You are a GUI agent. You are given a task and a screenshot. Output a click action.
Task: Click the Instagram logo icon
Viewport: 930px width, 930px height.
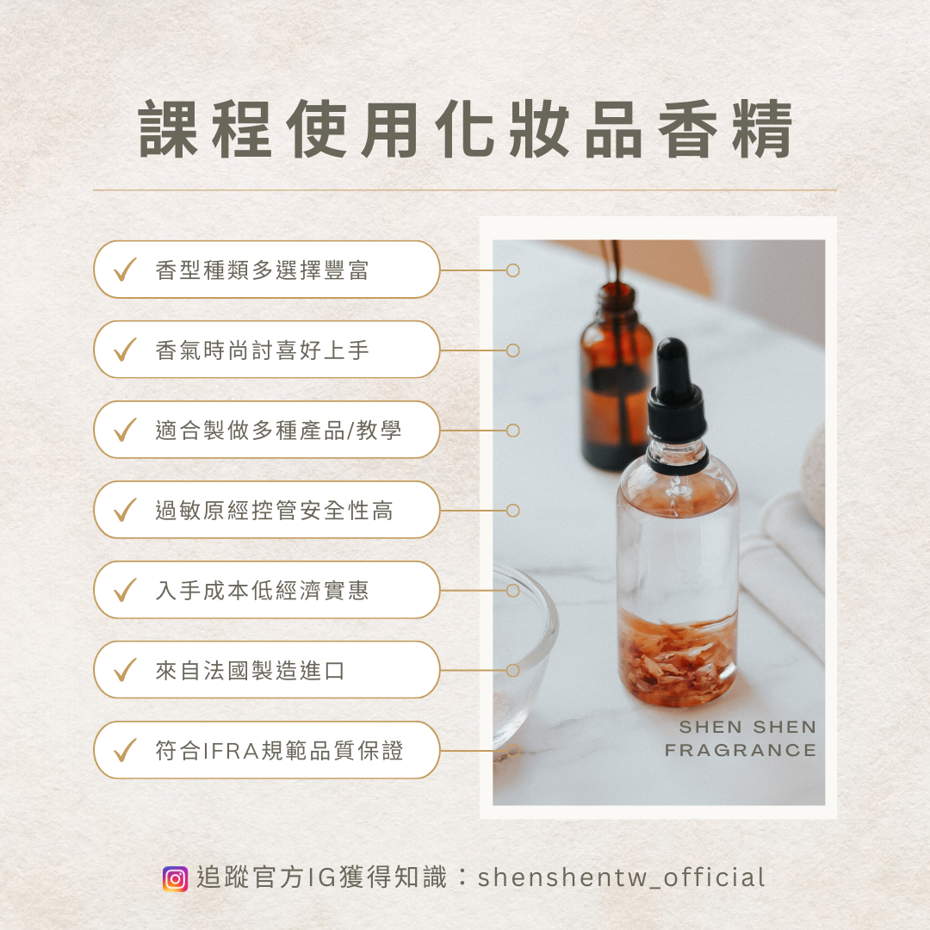tap(175, 878)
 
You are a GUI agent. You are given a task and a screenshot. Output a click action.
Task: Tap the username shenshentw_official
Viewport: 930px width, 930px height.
tap(621, 878)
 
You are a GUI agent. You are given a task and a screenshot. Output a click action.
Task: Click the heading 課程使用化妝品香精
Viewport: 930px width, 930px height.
tap(466, 129)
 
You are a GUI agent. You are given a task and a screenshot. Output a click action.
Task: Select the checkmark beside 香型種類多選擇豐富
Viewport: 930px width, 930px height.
tap(125, 270)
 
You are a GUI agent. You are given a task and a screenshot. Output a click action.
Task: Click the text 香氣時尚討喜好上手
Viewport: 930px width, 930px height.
tap(262, 350)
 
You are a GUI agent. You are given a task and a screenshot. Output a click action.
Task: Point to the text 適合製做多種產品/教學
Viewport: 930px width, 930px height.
tap(279, 430)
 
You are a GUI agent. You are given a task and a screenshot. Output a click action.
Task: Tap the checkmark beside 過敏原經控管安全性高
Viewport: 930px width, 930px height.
tap(125, 510)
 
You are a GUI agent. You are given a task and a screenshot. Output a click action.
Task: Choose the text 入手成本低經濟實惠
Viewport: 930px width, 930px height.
tap(262, 590)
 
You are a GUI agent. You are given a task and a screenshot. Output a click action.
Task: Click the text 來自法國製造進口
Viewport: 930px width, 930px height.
tap(251, 670)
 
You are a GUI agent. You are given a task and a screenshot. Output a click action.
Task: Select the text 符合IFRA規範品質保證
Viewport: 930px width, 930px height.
tap(279, 750)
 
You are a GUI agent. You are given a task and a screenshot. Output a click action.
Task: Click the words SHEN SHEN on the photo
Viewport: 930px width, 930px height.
tap(748, 727)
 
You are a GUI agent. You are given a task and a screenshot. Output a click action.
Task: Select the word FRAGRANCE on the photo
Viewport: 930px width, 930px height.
tap(741, 750)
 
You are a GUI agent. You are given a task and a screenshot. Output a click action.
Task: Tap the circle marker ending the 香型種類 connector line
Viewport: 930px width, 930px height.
tap(513, 270)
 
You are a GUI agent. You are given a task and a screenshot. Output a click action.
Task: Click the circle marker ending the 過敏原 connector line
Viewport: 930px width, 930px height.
tap(513, 510)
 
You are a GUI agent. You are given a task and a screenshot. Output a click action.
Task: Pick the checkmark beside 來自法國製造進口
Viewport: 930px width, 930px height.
tap(125, 670)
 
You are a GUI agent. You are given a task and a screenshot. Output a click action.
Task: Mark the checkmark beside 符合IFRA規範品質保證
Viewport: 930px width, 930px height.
tap(125, 750)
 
